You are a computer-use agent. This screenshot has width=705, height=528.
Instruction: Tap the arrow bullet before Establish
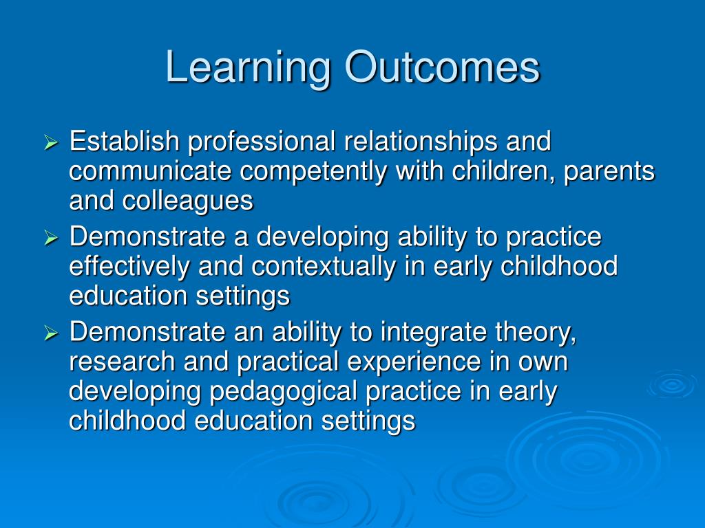(x=52, y=144)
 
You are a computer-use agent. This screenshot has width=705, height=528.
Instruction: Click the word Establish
(x=125, y=142)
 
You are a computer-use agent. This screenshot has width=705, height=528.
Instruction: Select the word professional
(x=262, y=142)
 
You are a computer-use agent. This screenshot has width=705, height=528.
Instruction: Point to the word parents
(x=609, y=172)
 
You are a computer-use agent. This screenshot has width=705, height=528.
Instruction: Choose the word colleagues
(x=188, y=201)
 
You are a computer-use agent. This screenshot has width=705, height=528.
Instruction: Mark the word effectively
(x=129, y=267)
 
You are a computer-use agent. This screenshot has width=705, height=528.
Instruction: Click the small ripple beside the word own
(x=671, y=384)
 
